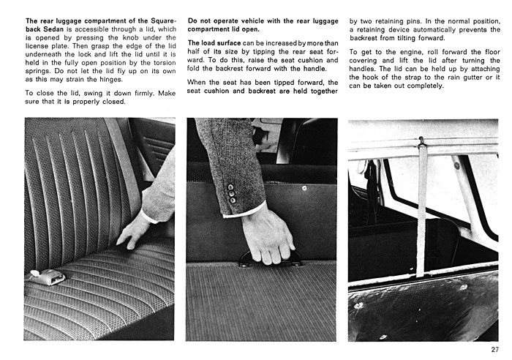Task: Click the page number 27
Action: [494, 350]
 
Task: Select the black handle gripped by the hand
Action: [268, 258]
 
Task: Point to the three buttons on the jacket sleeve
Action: [232, 193]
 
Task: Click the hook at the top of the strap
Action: [421, 141]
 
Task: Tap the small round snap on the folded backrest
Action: [304, 188]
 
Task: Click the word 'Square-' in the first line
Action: [164, 21]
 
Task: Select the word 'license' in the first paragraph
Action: [37, 46]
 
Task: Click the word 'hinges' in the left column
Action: [110, 80]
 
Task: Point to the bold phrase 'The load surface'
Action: [214, 43]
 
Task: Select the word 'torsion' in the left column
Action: [165, 63]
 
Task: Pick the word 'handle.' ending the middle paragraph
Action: [315, 69]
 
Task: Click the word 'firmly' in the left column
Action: [144, 94]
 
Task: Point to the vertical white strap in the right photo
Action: [422, 209]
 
